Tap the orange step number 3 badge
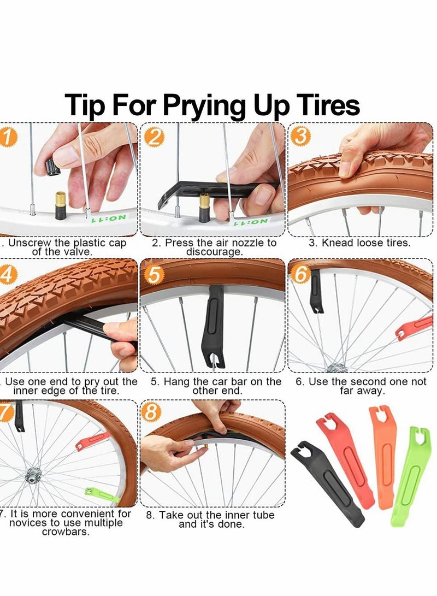click(299, 136)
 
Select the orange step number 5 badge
click(153, 275)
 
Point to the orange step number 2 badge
click(154, 137)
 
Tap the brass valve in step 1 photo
click(60, 204)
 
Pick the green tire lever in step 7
click(102, 494)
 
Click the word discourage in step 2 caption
click(215, 252)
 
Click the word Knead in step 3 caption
click(335, 243)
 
